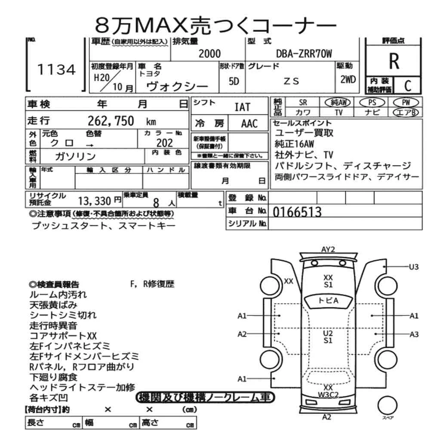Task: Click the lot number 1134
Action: (57, 70)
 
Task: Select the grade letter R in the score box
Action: (393, 61)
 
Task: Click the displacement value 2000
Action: (209, 53)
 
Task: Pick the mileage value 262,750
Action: (111, 121)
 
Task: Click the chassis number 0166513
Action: (297, 212)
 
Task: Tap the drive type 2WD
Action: (348, 79)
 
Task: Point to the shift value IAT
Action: (242, 107)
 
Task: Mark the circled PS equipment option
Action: (371, 103)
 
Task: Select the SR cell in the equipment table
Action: (303, 103)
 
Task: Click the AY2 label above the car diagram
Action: (328, 249)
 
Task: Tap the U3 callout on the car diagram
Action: (413, 267)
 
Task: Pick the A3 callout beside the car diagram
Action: (414, 334)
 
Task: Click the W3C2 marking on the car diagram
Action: (329, 394)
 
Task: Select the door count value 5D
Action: (234, 81)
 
